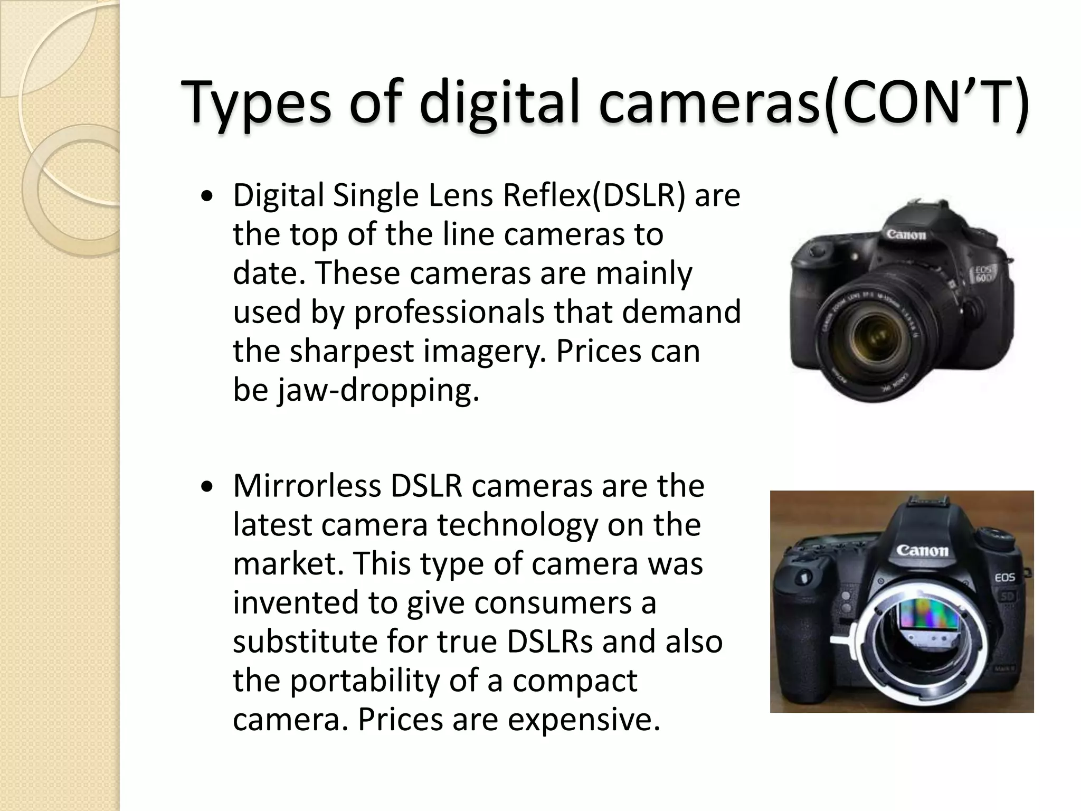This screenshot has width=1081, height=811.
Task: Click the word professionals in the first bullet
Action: click(449, 312)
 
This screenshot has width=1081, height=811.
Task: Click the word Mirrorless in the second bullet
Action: click(307, 486)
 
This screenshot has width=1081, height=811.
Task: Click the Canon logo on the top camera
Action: click(906, 234)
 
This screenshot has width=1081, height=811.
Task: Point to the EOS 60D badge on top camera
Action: click(983, 275)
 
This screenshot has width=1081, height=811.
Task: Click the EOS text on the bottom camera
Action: click(1004, 578)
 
